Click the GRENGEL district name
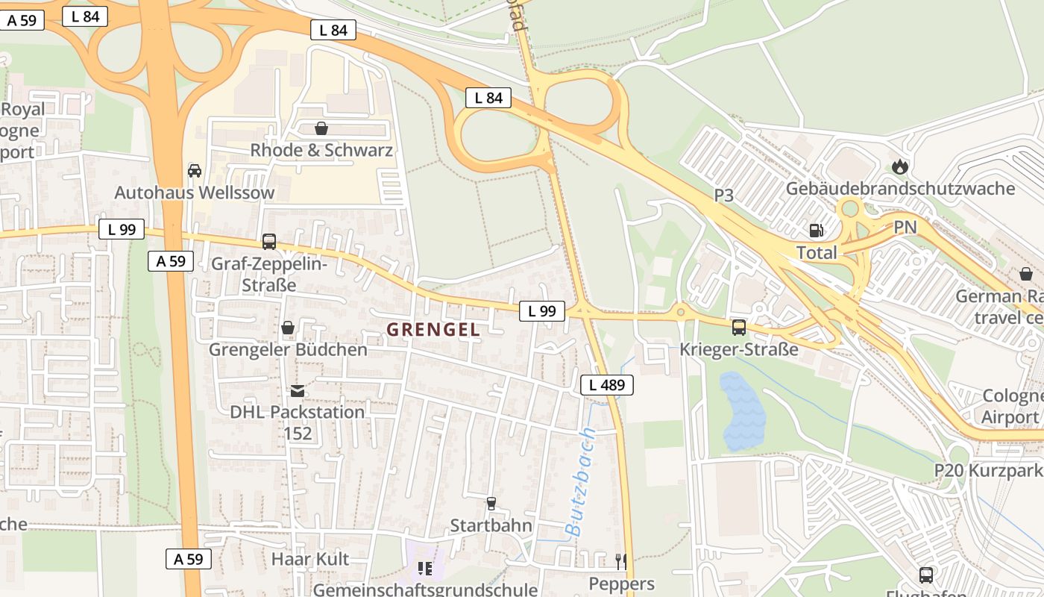(433, 329)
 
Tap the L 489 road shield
(606, 385)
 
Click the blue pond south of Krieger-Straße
(742, 411)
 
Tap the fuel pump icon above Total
(817, 231)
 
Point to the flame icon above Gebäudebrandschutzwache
(900, 166)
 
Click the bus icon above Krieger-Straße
(738, 327)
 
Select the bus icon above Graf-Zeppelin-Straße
(268, 242)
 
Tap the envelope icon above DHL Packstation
(297, 390)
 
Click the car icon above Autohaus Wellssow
(195, 171)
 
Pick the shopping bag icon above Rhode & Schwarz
(321, 128)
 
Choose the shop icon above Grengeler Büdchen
(288, 328)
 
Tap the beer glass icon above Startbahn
(491, 504)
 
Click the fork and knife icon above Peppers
(620, 561)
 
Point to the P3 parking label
(723, 196)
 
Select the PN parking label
(905, 228)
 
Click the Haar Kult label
(309, 559)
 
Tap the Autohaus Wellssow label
(195, 193)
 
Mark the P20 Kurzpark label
(988, 471)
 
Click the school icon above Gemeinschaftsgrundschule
(425, 569)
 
